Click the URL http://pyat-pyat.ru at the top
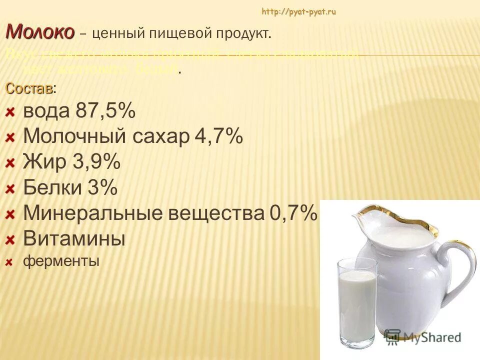pos(298,12)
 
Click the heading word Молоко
pos(40,32)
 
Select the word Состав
pos(29,88)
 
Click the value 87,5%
pos(106,111)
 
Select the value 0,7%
pos(293,214)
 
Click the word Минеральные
pos(93,214)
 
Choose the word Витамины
pos(74,239)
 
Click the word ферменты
pos(61,260)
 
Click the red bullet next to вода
pos(10,112)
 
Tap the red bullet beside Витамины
pos(10,240)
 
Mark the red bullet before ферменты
pos(9,261)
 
